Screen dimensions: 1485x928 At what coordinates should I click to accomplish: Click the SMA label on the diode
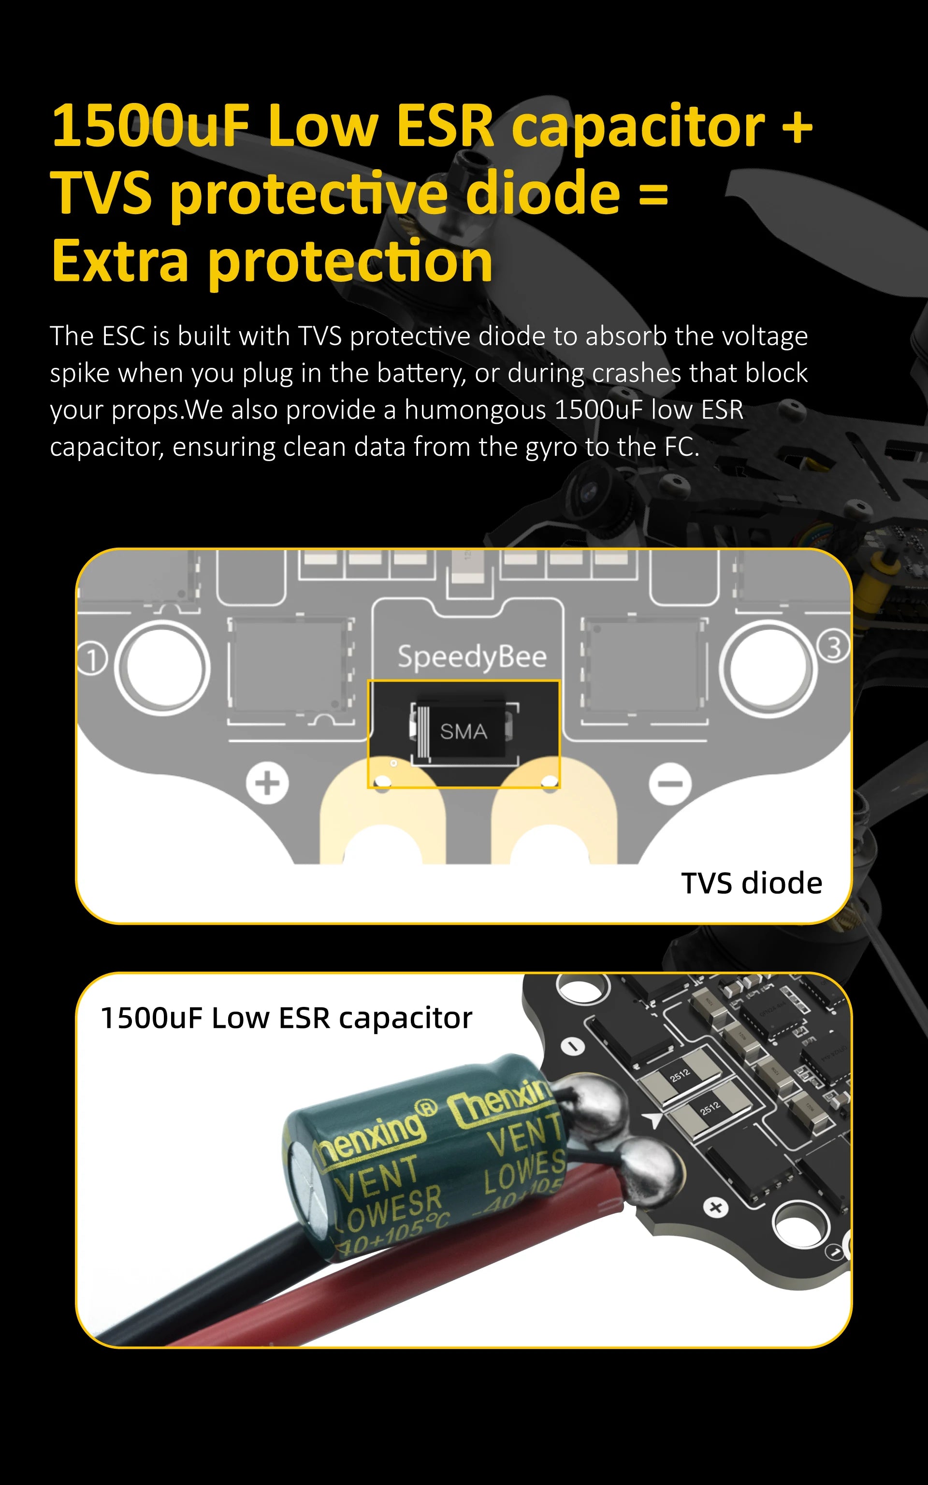coord(464,731)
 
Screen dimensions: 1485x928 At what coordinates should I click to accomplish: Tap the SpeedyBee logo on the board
coord(471,656)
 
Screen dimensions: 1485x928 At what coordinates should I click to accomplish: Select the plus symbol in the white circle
coord(267,783)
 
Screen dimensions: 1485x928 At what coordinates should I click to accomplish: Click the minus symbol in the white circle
coord(670,784)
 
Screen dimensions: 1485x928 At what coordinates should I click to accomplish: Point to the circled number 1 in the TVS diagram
coord(92,660)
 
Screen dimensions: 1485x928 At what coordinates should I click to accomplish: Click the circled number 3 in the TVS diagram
coord(833,647)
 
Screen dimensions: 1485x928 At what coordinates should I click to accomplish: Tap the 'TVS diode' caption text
coord(751,883)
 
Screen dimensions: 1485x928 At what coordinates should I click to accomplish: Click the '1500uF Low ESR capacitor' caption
coord(286,1018)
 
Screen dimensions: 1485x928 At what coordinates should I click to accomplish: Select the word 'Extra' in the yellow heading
coord(120,262)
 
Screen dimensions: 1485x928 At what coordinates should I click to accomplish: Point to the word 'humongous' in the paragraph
coord(475,410)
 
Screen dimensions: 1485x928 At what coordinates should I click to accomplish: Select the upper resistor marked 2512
coord(680,1076)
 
